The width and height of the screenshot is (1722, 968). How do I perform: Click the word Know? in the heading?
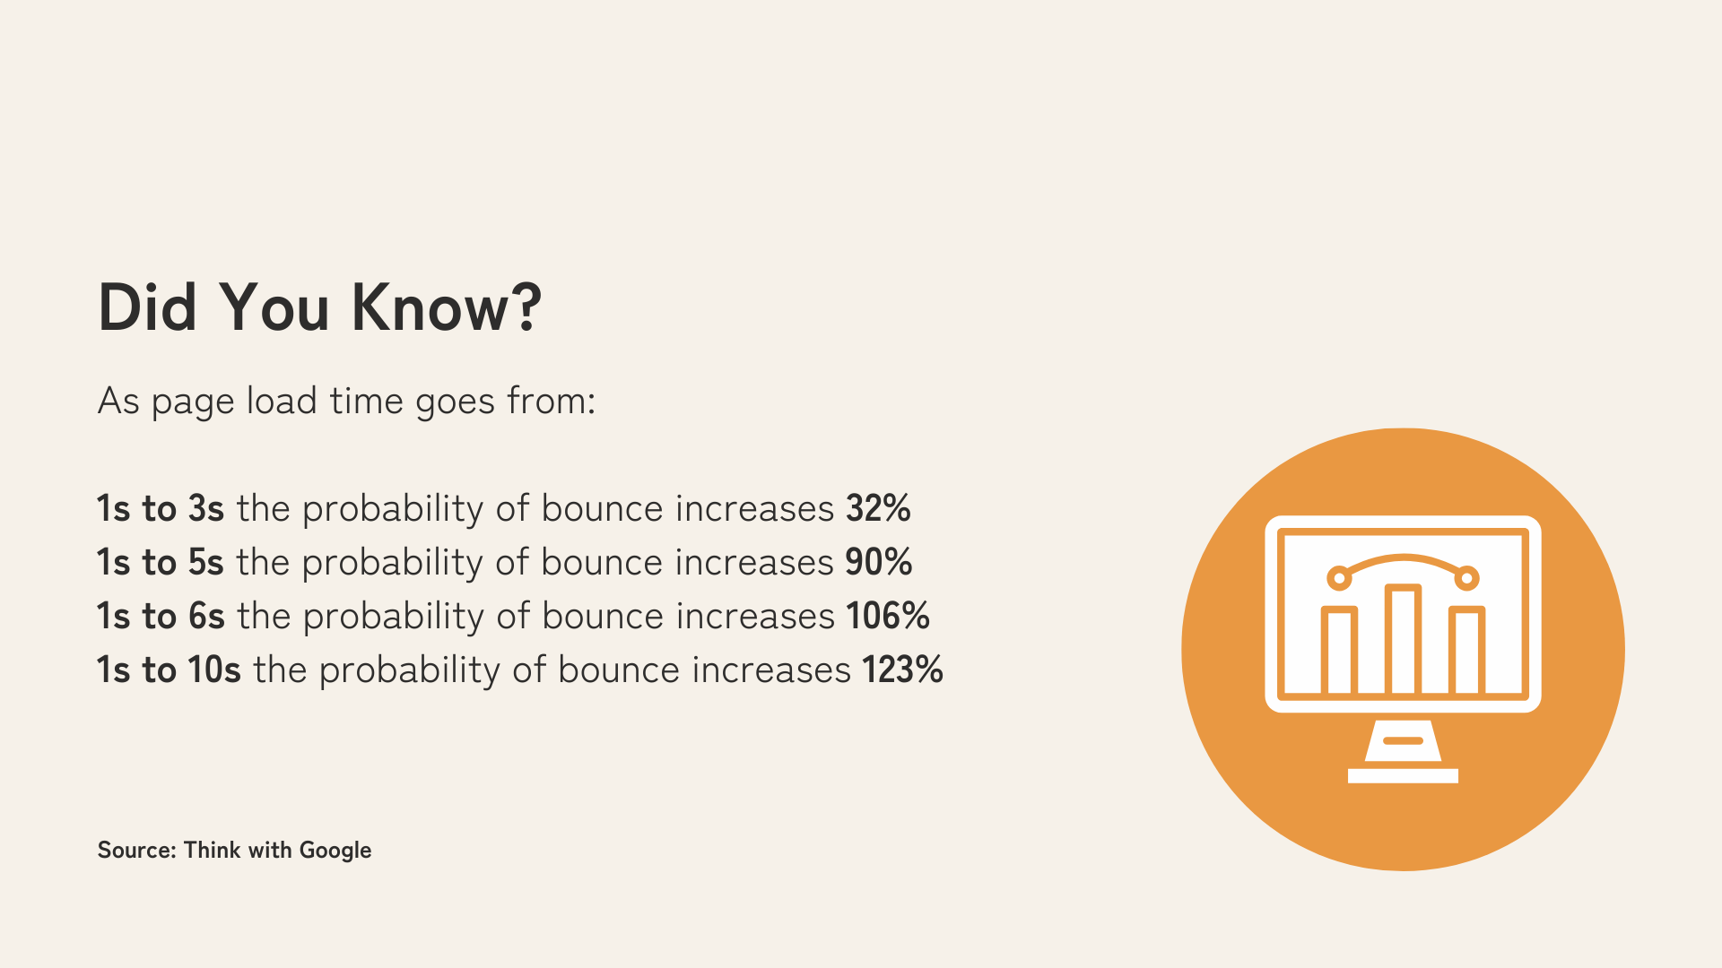tap(447, 307)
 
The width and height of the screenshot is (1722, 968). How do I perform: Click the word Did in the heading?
tap(147, 307)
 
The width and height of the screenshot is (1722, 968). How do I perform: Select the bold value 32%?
tap(878, 508)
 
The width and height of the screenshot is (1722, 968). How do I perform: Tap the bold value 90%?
tap(878, 562)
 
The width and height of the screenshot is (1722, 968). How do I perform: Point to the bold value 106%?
tap(887, 616)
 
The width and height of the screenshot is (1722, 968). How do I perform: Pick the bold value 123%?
tap(902, 670)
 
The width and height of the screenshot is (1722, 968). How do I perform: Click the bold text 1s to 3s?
tap(161, 508)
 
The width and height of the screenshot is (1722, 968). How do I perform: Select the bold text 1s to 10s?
tap(170, 670)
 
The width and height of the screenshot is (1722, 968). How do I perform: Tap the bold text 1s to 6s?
tap(161, 616)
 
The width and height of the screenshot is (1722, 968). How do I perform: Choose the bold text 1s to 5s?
tap(161, 562)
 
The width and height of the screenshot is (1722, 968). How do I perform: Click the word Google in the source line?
tap(335, 851)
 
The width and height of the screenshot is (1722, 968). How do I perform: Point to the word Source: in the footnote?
tap(137, 850)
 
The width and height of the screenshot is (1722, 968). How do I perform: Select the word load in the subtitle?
tap(282, 400)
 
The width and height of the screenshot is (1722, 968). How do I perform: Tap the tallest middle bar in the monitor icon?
tap(1403, 639)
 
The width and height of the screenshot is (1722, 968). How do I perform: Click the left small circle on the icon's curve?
tap(1339, 578)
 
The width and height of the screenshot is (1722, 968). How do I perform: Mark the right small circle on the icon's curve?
tap(1467, 578)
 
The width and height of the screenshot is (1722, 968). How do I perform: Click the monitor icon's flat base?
tap(1403, 776)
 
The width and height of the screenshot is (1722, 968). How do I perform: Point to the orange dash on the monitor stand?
tap(1404, 740)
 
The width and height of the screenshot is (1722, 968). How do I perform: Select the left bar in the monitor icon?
tap(1339, 651)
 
